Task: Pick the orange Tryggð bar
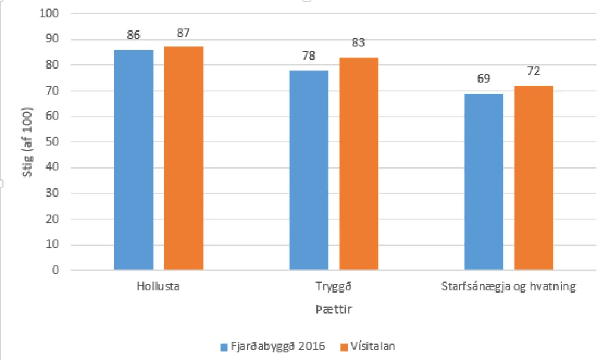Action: (x=359, y=164)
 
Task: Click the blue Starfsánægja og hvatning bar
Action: (x=484, y=182)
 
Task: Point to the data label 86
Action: (x=133, y=35)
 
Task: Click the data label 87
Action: (x=183, y=33)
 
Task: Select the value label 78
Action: (x=309, y=56)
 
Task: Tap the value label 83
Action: (x=359, y=43)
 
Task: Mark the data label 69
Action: (x=484, y=79)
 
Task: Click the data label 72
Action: (x=534, y=72)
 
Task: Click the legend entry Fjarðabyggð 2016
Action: (x=273, y=346)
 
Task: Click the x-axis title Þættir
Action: (x=329, y=310)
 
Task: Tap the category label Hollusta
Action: (x=158, y=287)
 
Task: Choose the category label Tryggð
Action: (x=334, y=287)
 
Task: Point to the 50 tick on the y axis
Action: (x=54, y=142)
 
